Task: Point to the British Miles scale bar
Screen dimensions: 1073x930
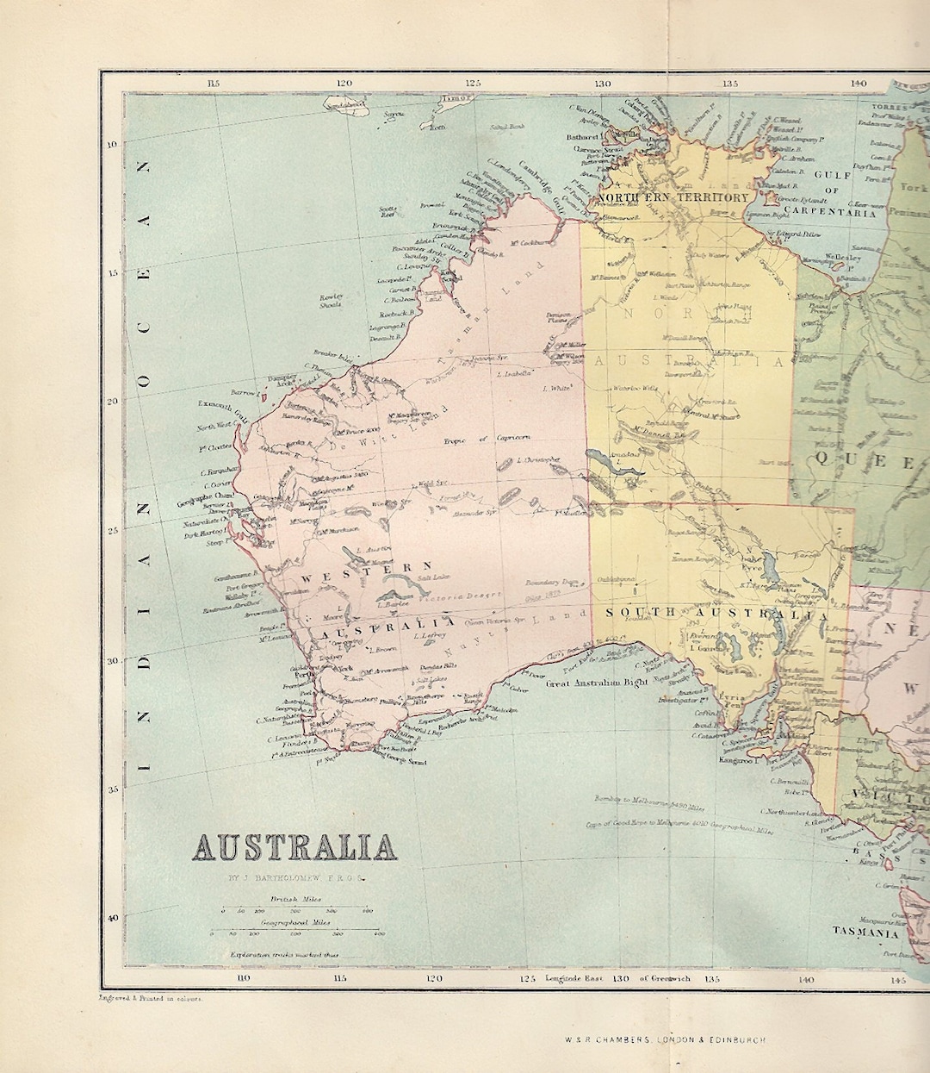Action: click(294, 910)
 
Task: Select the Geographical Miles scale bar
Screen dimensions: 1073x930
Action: click(294, 933)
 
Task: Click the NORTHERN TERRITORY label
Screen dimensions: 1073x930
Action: click(673, 197)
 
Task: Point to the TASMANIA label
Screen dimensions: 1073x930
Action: click(865, 932)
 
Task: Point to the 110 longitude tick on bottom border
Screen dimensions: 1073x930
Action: click(244, 977)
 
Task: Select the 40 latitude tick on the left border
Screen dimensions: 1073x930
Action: click(112, 917)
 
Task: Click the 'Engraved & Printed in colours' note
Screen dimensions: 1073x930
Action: click(151, 999)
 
